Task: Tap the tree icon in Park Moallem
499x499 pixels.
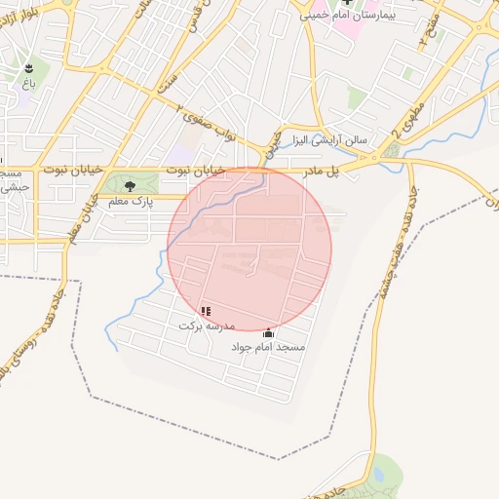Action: (130, 186)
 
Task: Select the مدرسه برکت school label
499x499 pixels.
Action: (202, 326)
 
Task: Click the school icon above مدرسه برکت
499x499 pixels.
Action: (206, 311)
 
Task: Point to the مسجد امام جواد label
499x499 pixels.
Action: (268, 347)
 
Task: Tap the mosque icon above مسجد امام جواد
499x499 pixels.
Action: (269, 332)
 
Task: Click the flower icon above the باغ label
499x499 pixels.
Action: (29, 68)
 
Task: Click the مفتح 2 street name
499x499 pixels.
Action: (426, 31)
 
